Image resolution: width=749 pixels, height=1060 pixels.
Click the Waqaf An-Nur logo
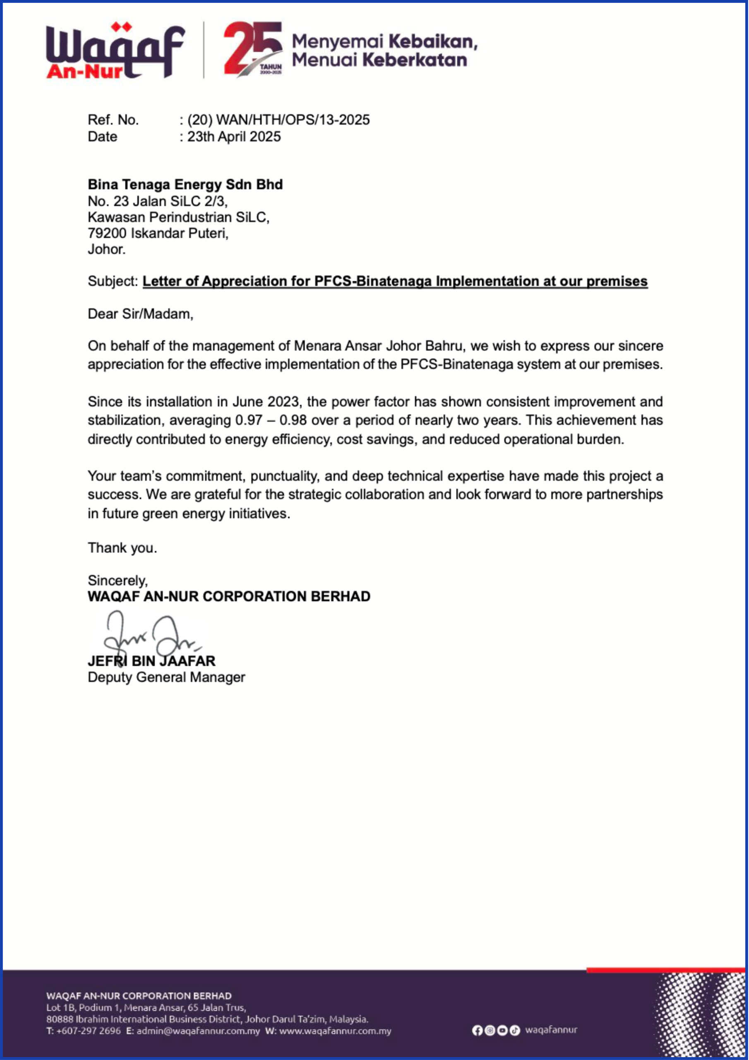115,51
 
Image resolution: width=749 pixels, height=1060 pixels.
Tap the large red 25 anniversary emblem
253,48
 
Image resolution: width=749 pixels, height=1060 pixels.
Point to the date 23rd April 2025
233,137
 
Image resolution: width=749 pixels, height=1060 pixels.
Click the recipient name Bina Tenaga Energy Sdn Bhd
185,185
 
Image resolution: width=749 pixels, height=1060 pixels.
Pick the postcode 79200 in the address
107,234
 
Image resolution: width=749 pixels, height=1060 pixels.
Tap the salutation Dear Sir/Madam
140,314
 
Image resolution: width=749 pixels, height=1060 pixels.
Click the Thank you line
122,548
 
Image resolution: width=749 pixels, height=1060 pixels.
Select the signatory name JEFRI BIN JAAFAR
151,661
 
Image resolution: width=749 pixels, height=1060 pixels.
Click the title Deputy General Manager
166,677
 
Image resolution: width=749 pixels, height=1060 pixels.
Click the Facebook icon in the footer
478,1030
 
